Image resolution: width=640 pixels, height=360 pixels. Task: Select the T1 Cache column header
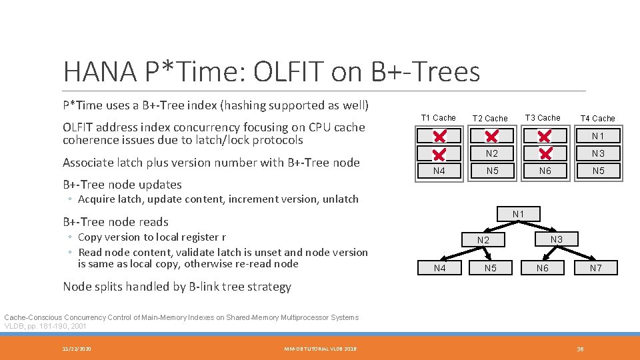coord(439,118)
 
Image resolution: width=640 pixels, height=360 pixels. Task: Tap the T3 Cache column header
coord(543,118)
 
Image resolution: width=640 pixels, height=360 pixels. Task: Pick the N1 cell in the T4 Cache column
coord(597,136)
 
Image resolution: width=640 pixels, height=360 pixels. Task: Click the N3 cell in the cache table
coord(597,153)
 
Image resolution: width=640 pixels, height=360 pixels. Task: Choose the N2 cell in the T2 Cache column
coord(491,153)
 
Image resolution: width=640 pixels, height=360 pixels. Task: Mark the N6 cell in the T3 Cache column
coord(544,171)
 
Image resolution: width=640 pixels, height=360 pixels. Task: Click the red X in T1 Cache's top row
coord(439,137)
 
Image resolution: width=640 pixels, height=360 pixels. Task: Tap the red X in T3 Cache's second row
coord(545,153)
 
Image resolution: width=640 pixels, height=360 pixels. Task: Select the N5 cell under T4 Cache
coord(597,171)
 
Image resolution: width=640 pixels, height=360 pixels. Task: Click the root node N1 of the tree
coord(518,214)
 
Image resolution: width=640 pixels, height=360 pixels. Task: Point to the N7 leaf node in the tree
coord(595,268)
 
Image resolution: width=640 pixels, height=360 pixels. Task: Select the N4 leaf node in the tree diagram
coord(439,268)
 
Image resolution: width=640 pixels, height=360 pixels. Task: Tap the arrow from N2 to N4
coord(453,255)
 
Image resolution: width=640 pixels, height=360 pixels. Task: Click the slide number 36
coord(580,349)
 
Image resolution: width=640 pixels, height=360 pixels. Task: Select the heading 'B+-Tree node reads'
coord(115,222)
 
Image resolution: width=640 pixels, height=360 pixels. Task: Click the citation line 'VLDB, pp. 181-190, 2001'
coord(46,327)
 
